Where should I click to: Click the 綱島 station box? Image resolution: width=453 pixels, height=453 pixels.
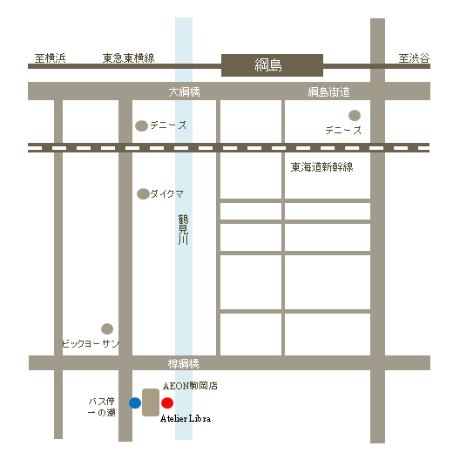coord(272,65)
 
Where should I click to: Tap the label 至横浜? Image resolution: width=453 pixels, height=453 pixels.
coord(50,58)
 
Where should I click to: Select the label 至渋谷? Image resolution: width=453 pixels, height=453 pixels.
coord(414,58)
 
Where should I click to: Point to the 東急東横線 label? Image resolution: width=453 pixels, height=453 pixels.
coord(128,58)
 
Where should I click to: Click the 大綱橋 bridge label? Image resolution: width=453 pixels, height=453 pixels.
coord(184,92)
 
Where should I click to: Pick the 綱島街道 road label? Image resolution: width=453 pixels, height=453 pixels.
coord(328,92)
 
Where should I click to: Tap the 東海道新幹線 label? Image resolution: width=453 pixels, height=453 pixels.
coord(321,167)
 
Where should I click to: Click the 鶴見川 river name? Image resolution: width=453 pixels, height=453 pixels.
coord(183,228)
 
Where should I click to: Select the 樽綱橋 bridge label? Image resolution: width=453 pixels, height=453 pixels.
coord(184,363)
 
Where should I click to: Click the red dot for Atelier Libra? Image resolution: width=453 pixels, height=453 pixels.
coord(167,403)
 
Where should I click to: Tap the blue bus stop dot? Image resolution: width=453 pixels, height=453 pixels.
coord(135,402)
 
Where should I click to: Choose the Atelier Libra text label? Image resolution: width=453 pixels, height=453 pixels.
coord(186,419)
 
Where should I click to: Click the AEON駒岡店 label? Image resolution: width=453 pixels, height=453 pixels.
coord(189,384)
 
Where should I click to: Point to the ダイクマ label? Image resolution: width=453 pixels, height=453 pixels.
coord(166,193)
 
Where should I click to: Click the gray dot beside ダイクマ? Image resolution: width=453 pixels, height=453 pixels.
coord(143,193)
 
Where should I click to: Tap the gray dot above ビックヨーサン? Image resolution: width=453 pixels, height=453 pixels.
coord(107,329)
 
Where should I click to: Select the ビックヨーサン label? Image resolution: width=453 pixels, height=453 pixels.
coord(90,344)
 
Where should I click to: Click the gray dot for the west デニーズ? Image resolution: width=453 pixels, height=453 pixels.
coord(141,126)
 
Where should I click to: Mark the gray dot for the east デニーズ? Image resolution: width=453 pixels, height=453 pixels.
coord(355,115)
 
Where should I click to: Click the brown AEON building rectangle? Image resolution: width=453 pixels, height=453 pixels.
coord(151,402)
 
